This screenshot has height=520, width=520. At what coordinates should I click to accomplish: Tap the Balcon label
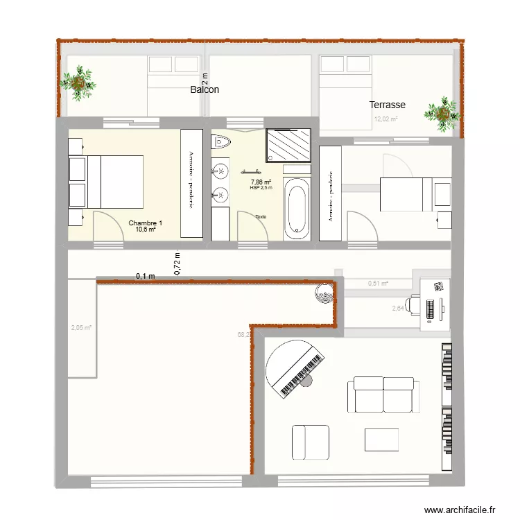(x=205, y=90)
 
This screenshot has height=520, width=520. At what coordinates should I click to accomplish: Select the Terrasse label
(x=387, y=105)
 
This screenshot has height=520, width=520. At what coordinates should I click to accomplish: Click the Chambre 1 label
(x=146, y=223)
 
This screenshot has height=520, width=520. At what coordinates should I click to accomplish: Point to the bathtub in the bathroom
(x=298, y=208)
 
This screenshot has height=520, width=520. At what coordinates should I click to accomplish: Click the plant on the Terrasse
(x=442, y=114)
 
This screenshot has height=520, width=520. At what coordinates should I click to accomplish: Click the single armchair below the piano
(x=310, y=442)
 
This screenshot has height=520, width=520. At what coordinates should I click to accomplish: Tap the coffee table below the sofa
(x=381, y=440)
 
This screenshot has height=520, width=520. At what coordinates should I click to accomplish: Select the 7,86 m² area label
(x=261, y=182)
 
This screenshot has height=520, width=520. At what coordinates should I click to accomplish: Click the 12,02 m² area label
(x=386, y=119)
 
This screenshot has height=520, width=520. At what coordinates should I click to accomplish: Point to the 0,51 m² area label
(x=378, y=283)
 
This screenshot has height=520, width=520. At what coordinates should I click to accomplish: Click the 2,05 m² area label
(x=81, y=329)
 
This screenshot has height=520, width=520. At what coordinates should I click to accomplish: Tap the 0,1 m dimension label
(x=146, y=276)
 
